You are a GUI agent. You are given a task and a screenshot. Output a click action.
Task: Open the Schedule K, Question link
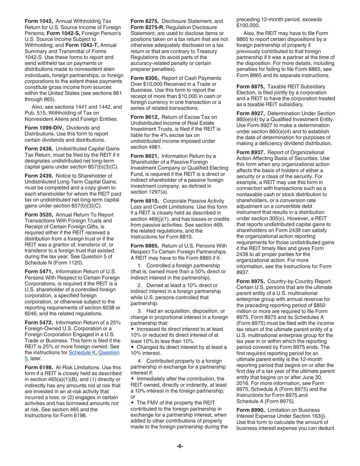(x=94, y=352)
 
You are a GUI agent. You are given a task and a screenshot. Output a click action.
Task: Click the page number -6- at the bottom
(x=180, y=446)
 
